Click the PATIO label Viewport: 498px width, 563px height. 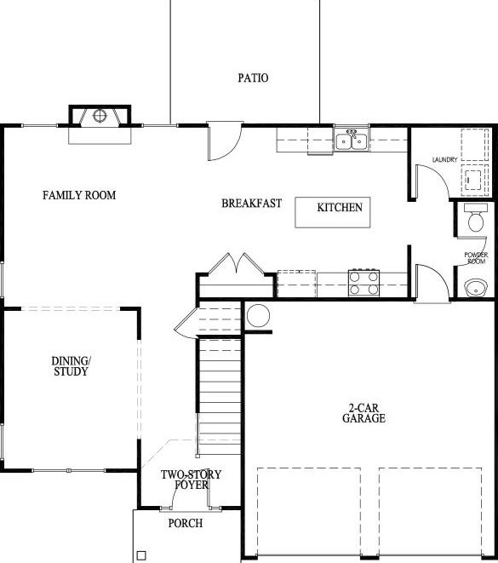pyautogui.click(x=253, y=78)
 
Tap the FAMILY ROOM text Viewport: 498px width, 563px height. pyautogui.click(x=79, y=195)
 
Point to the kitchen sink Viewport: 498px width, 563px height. pyautogui.click(x=351, y=141)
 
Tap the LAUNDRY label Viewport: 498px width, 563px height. pyautogui.click(x=445, y=160)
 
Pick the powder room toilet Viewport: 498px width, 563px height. pyautogui.click(x=475, y=221)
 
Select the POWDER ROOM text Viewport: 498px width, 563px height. pyautogui.click(x=475, y=257)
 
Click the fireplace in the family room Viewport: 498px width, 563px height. pyautogui.click(x=99, y=117)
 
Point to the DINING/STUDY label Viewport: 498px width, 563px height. pyautogui.click(x=70, y=366)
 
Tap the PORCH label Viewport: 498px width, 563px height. pyautogui.click(x=185, y=523)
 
